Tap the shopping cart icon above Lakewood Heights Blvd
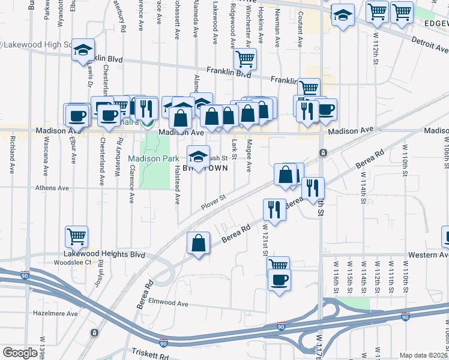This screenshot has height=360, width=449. tap(77, 236)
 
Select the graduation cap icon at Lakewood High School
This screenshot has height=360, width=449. tap(84, 51)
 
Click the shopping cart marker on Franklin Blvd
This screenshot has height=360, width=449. tap(245, 59)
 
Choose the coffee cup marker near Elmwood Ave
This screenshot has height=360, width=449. tap(279, 280)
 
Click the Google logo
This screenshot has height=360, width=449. tap(20, 353)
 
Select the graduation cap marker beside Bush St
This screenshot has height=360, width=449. tap(198, 157)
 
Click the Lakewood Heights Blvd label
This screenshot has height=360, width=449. tap(106, 254)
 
